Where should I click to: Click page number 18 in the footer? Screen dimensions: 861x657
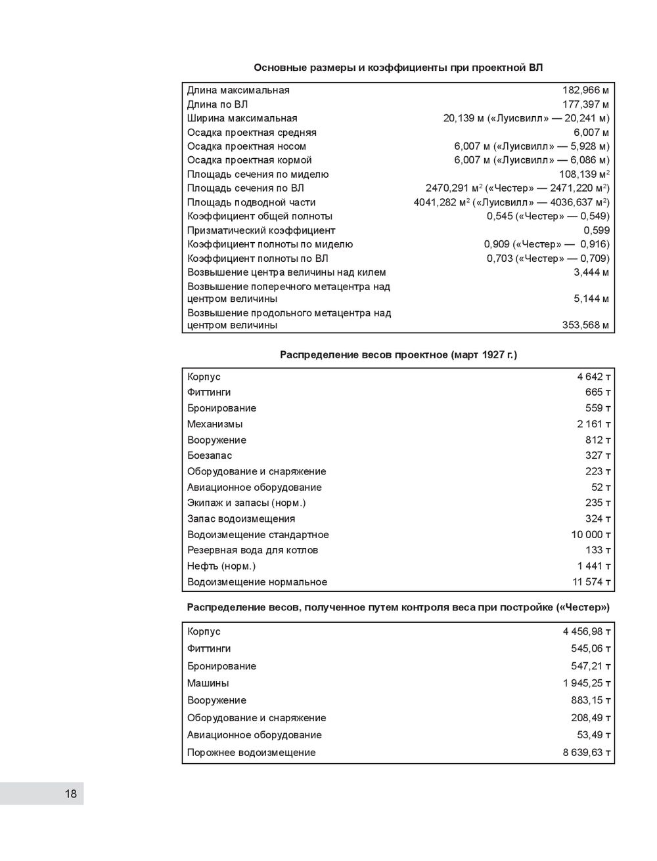coord(70,794)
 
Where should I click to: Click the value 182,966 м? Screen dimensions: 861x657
coord(585,91)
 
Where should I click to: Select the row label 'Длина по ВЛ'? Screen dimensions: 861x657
coord(217,104)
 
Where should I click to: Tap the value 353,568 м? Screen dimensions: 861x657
coord(585,325)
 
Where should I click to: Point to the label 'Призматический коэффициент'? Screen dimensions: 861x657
coord(261,230)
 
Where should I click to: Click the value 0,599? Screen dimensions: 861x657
coord(597,230)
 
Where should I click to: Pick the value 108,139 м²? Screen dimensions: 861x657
coord(584,175)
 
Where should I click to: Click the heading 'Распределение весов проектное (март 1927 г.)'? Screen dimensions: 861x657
coord(398,355)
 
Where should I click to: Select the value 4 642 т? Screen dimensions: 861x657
coord(594,377)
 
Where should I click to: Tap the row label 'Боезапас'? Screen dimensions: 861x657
coord(210,455)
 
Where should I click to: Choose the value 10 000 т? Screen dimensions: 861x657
coord(591,535)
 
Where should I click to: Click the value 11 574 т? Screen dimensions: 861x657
coord(591,582)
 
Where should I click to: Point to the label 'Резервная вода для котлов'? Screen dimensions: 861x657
coord(252,551)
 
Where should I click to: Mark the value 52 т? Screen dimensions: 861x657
coord(601,488)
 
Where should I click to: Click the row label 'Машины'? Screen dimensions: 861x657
coord(208,683)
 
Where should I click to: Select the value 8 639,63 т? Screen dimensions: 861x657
coord(587,753)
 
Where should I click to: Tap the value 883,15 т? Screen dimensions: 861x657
coord(591,700)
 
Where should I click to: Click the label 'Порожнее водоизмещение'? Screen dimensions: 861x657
coord(251,753)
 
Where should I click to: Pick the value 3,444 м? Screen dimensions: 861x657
coord(591,272)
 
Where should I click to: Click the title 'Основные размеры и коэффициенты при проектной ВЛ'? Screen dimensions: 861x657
coord(398,68)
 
